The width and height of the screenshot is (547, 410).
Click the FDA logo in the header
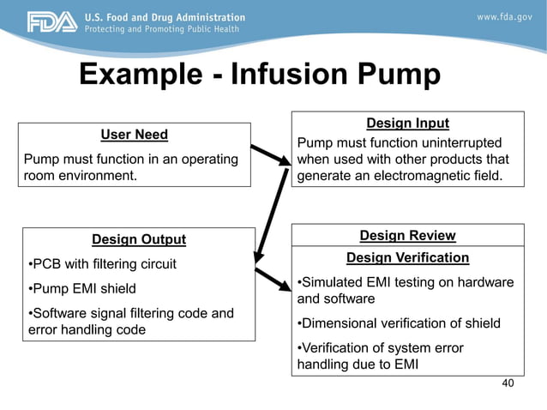tap(51, 22)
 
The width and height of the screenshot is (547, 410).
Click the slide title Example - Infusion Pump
tap(260, 75)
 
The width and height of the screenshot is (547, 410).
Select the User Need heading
tap(134, 135)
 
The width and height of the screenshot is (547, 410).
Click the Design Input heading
tap(407, 124)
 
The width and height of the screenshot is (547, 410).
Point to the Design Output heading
tap(138, 239)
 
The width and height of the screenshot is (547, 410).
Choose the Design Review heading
tap(407, 235)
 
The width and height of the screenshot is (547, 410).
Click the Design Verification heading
tap(407, 257)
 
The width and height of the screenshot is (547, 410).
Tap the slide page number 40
tap(508, 383)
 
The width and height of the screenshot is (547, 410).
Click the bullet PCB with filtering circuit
tap(102, 263)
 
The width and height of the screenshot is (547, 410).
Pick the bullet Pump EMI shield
tap(82, 288)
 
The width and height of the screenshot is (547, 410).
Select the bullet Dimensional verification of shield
tap(398, 323)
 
